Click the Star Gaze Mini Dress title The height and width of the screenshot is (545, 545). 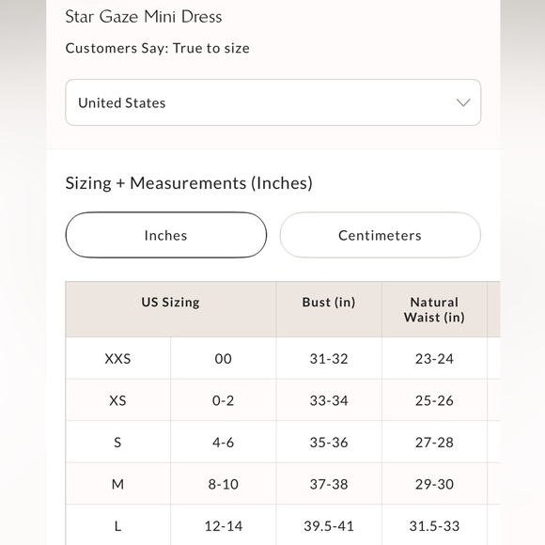point(144,17)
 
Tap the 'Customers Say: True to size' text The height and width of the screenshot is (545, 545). point(157,48)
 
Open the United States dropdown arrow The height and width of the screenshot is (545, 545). point(462,102)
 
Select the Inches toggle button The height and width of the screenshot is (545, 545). point(165,235)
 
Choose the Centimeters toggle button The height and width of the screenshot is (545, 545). point(380,235)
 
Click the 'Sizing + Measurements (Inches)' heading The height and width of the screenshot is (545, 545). point(189,183)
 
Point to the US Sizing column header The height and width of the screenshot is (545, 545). point(170,303)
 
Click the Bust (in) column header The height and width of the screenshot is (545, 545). point(329,303)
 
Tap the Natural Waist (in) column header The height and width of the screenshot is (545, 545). point(434,309)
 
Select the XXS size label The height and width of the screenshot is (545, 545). point(117,359)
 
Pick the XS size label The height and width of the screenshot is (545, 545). point(117,400)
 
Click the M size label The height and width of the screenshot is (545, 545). point(117,484)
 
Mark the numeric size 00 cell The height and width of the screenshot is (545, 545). point(223,359)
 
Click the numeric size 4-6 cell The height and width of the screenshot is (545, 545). point(223,443)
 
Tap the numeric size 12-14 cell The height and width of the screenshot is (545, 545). point(223,526)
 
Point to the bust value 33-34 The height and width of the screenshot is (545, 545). point(329,400)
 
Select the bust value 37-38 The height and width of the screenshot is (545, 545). point(329,484)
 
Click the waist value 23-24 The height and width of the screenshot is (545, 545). point(434,359)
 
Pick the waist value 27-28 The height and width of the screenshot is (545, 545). point(434,443)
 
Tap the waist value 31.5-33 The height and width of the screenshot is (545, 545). point(434,526)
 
